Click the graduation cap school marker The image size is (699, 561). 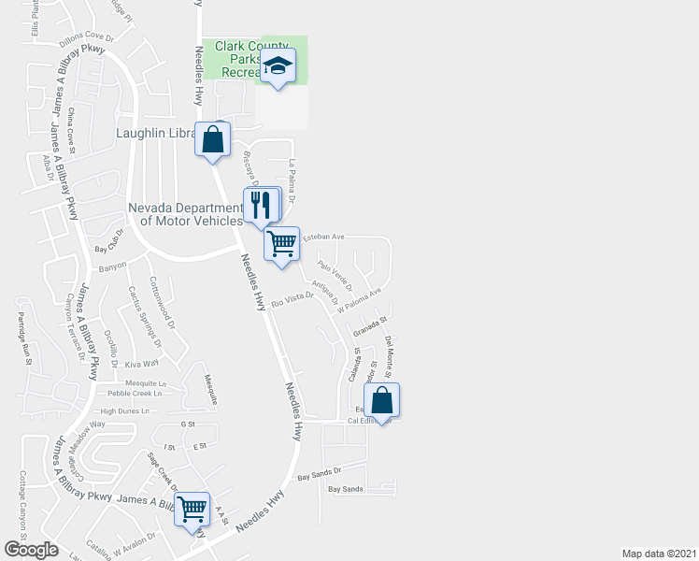click(x=278, y=66)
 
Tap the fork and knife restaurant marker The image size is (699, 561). click(x=262, y=205)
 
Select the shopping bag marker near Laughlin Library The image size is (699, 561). click(x=212, y=139)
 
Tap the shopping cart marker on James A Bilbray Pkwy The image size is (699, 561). click(x=192, y=510)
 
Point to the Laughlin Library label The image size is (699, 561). click(x=154, y=133)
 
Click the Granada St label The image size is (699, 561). click(x=370, y=328)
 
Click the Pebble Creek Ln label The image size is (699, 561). click(x=132, y=394)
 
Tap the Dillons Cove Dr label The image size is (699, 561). click(x=86, y=38)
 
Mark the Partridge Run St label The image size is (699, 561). click(x=26, y=338)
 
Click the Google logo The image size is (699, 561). click(x=31, y=550)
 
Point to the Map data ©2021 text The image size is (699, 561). click(x=659, y=554)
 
